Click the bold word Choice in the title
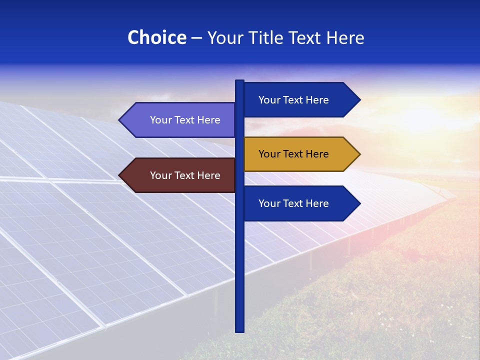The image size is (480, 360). [x=156, y=38]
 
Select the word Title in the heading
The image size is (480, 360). [x=270, y=38]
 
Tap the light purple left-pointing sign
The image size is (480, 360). [x=180, y=120]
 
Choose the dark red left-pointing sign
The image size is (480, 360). [x=180, y=175]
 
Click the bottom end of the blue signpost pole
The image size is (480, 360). [x=240, y=330]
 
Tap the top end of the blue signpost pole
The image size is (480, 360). [x=240, y=82]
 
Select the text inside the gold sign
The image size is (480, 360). [x=293, y=154]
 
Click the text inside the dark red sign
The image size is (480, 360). [x=185, y=175]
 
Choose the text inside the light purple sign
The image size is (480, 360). [x=185, y=120]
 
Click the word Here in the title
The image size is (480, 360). [x=345, y=38]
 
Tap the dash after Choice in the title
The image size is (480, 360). [x=196, y=38]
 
